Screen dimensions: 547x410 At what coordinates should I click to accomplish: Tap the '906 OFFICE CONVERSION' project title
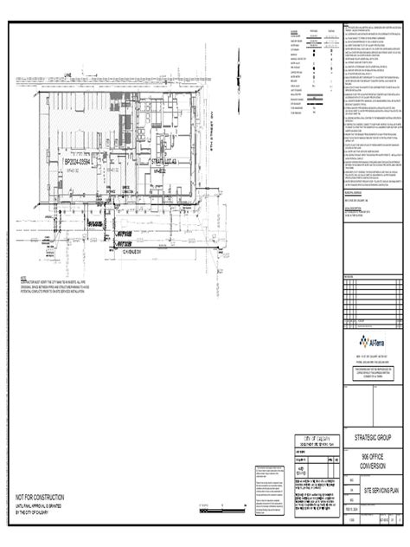373,458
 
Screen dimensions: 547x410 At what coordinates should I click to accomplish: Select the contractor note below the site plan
61,283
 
